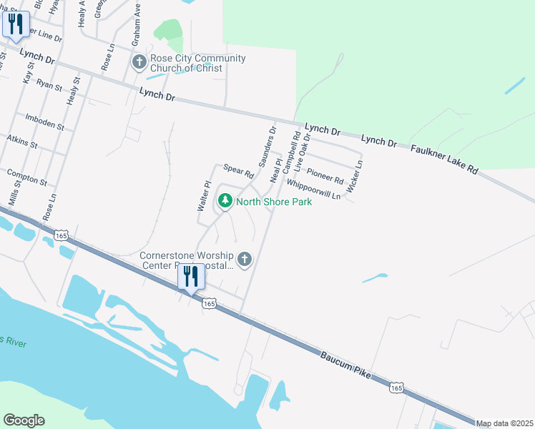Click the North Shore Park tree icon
(225, 202)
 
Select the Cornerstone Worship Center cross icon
(245, 260)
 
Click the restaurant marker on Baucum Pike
(190, 276)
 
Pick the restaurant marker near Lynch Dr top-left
(16, 24)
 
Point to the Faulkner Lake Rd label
(443, 159)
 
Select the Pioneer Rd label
(325, 174)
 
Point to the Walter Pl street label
(203, 195)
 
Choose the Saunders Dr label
(267, 147)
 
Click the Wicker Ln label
(355, 176)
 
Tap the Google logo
(24, 420)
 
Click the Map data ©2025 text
(504, 423)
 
